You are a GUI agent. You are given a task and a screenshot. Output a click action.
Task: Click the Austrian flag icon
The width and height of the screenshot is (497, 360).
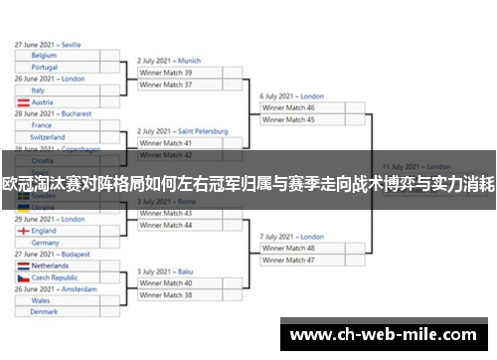click(x=23, y=102)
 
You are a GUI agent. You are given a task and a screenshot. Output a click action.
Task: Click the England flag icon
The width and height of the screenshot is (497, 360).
click(x=23, y=231)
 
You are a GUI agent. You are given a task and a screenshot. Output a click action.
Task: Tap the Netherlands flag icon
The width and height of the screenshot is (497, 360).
click(x=23, y=267)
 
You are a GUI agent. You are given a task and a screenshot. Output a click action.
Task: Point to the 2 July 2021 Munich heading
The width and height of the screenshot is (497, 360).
click(x=169, y=61)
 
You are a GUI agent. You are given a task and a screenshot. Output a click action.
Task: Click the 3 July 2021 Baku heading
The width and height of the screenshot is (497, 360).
click(x=165, y=271)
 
